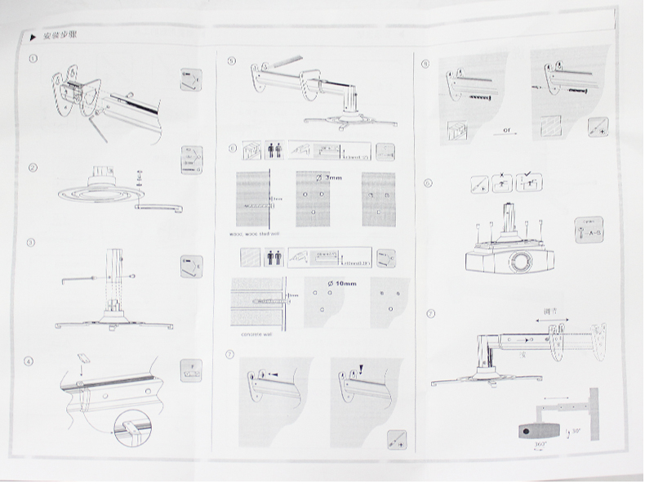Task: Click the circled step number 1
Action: (x=32, y=59)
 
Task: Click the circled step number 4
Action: (x=30, y=360)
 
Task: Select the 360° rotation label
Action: (x=540, y=445)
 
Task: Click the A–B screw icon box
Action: (x=589, y=230)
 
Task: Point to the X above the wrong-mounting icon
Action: (x=504, y=174)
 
